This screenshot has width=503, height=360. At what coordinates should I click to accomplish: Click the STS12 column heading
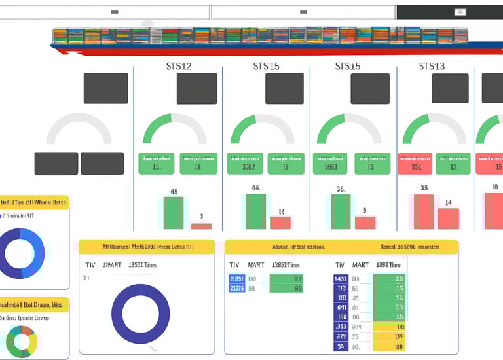[x=178, y=66]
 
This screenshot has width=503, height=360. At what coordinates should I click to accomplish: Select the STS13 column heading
[x=432, y=66]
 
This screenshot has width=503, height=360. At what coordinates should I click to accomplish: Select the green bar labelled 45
[x=174, y=212]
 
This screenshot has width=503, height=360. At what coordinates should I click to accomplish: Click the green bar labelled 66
[x=255, y=211]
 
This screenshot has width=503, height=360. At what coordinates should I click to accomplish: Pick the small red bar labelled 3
[x=202, y=226]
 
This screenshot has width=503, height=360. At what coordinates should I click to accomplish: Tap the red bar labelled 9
[x=365, y=223]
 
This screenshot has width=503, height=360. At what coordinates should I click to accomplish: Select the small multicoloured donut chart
[x=22, y=341]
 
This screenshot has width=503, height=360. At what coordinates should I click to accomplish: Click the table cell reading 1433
[x=341, y=279]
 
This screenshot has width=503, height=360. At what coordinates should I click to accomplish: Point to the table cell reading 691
[x=341, y=307]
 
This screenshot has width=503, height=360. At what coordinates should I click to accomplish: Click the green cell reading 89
[x=286, y=288]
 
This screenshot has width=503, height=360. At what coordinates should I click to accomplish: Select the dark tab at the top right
[x=449, y=12]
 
